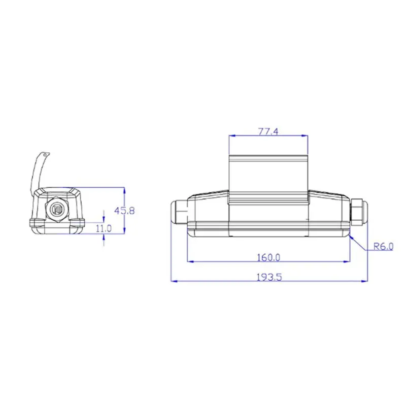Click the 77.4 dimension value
click(268, 131)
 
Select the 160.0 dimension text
click(269, 257)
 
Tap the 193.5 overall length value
click(269, 277)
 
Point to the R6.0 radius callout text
click(384, 247)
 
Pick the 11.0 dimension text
click(104, 228)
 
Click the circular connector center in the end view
click(55, 209)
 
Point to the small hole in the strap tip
click(46, 155)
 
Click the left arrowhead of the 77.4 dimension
click(232, 136)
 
